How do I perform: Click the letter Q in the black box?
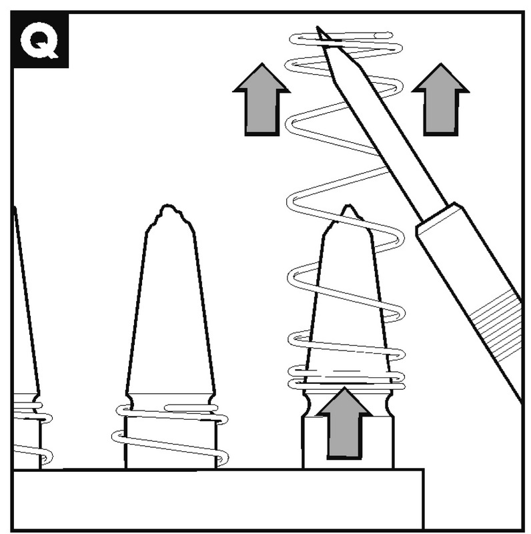point(39,40)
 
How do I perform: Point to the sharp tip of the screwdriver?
point(320,30)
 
